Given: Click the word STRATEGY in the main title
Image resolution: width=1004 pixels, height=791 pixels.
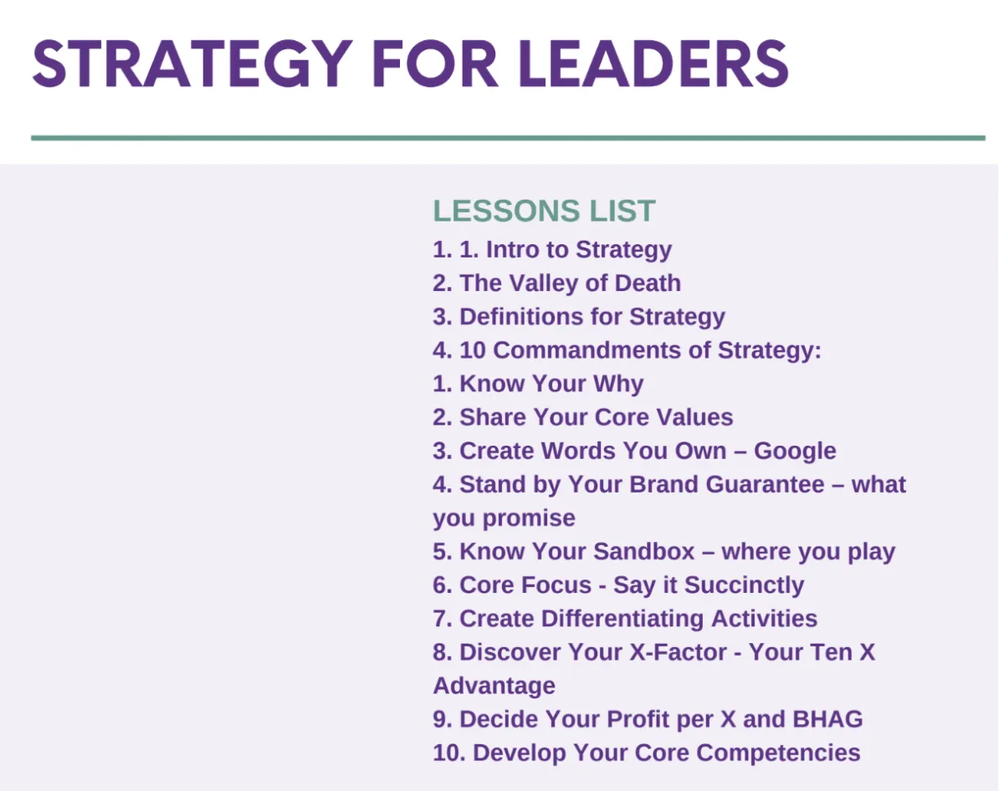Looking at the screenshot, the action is point(192,64).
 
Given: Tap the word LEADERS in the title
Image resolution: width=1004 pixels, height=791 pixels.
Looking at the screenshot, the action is point(653,64).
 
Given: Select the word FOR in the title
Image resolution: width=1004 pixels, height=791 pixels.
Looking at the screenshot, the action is point(435,64).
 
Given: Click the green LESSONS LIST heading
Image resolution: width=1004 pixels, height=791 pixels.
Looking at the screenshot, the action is point(544,211).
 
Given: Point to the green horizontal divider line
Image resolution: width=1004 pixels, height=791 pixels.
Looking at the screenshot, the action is point(508,138).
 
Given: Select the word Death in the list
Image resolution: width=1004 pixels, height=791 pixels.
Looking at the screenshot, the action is point(648,283).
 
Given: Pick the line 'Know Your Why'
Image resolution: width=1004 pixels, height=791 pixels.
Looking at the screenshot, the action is point(538,384).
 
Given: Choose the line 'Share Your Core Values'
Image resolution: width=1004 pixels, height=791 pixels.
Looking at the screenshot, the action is point(582,417).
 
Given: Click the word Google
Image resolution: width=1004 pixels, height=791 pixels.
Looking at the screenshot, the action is point(795,452).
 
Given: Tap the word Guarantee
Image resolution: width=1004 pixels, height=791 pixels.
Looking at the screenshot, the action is point(765,485).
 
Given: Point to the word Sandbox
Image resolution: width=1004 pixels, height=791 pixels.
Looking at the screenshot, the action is point(644,552).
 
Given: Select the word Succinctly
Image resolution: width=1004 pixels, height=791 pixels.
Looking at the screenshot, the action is point(744,586).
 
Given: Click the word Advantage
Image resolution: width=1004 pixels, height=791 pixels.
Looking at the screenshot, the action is point(494,686).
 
